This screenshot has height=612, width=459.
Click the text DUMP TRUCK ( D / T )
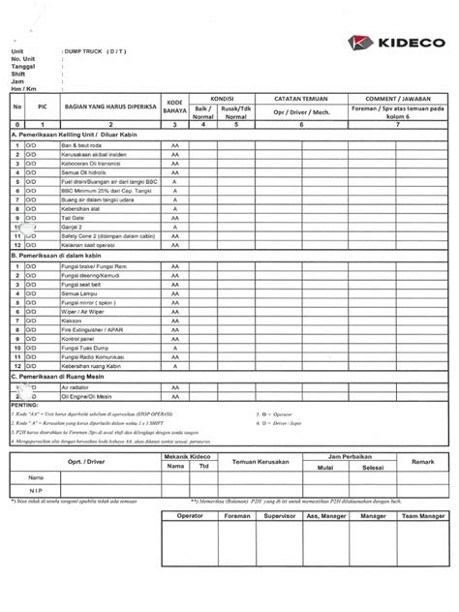[94, 49]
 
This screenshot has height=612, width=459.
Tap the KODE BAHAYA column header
[174, 106]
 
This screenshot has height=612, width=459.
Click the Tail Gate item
[73, 219]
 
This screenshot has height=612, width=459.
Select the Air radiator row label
[76, 386]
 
